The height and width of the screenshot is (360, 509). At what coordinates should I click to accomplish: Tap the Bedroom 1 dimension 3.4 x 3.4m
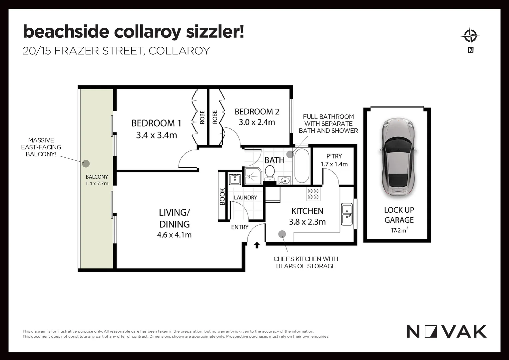pyautogui.click(x=156, y=135)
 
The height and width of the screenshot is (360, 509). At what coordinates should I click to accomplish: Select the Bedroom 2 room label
pyautogui.click(x=256, y=112)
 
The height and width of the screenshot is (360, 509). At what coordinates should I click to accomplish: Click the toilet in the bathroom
pyautogui.click(x=269, y=173)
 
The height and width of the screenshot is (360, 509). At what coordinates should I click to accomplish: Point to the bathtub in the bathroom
pyautogui.click(x=301, y=166)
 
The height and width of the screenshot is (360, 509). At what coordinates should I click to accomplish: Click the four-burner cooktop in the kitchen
pyautogui.click(x=313, y=194)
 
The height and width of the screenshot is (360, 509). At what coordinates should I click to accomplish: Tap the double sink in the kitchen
pyautogui.click(x=347, y=214)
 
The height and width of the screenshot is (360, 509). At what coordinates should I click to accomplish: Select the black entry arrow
pyautogui.click(x=257, y=245)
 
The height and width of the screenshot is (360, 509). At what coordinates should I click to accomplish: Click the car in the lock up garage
pyautogui.click(x=396, y=157)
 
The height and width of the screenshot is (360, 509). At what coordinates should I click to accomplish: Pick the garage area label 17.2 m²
pyautogui.click(x=399, y=230)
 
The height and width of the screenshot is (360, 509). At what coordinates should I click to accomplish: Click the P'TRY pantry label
pyautogui.click(x=334, y=156)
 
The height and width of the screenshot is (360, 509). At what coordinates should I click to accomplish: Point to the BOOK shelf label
pyautogui.click(x=223, y=197)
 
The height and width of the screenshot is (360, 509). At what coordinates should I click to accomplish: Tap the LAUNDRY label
pyautogui.click(x=245, y=198)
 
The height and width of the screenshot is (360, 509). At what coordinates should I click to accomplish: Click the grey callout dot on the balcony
pyautogui.click(x=86, y=163)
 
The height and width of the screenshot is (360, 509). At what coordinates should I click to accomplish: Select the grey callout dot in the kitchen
pyautogui.click(x=282, y=234)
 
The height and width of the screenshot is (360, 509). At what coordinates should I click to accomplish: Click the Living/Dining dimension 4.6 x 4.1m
pyautogui.click(x=174, y=235)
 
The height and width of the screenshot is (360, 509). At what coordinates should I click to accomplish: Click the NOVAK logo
pyautogui.click(x=446, y=332)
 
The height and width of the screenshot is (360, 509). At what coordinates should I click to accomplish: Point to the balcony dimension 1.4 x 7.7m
pyautogui.click(x=97, y=184)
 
